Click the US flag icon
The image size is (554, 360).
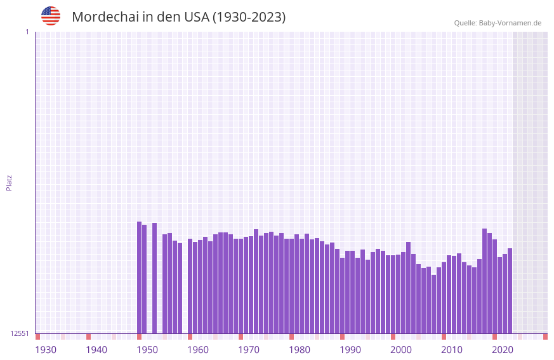click(x=51, y=16)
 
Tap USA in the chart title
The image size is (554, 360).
click(x=196, y=17)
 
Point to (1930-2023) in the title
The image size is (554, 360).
click(x=249, y=17)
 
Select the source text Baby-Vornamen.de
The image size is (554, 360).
click(x=510, y=23)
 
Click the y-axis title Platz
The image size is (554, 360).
click(x=9, y=182)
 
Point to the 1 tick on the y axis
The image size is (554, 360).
click(x=27, y=32)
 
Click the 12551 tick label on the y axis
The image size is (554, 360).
click(x=19, y=333)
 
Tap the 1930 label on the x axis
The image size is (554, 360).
click(x=46, y=350)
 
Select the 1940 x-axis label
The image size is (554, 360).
click(x=96, y=350)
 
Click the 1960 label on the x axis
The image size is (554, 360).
click(x=198, y=350)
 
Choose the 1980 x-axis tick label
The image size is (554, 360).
click(x=300, y=350)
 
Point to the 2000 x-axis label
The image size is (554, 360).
click(x=401, y=350)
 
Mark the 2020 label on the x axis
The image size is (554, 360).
click(x=503, y=350)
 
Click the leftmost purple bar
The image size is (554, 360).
click(x=139, y=277)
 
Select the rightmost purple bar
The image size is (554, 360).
click(x=510, y=291)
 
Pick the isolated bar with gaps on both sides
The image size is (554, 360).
click(x=154, y=278)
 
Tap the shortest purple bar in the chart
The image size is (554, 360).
click(x=433, y=304)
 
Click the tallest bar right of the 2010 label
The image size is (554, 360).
click(x=484, y=281)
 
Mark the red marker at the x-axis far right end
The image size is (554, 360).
click(x=545, y=337)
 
